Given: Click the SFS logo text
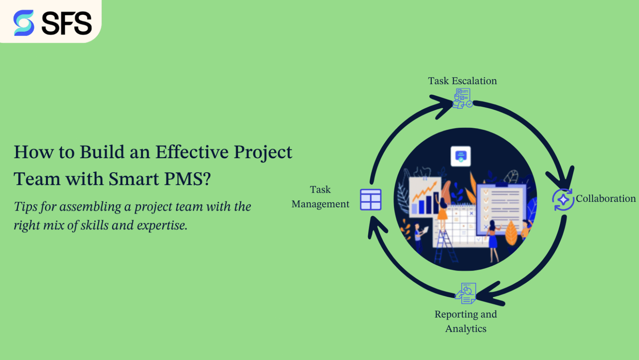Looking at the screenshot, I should (67, 23).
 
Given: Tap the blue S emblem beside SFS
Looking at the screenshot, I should (24, 23).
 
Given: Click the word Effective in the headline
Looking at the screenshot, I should (192, 152).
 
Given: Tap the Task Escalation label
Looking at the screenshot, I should (462, 81).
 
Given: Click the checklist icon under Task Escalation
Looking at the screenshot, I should (462, 98).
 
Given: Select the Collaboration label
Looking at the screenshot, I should (605, 199).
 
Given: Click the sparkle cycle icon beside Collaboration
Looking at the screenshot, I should (563, 199).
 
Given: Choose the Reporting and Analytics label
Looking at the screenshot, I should (466, 321).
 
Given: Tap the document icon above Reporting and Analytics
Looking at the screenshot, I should (466, 293).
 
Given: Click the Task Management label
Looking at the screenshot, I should (320, 197).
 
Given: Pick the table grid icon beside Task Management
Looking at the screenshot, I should (371, 200).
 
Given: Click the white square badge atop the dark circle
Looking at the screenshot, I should (460, 156).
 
